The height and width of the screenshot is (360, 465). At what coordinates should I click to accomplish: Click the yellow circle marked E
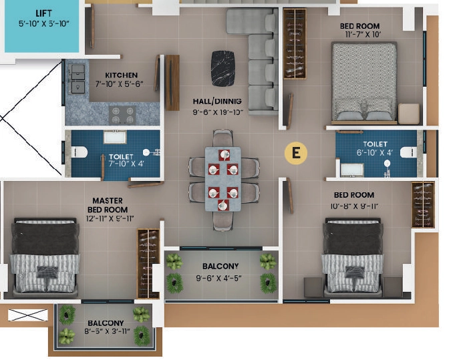pos(296,153)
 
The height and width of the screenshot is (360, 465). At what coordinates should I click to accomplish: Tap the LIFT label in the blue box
pos(44,13)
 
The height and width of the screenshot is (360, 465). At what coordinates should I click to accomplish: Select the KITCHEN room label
pos(122,75)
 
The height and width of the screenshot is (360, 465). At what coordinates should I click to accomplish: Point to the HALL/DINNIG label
pos(217,102)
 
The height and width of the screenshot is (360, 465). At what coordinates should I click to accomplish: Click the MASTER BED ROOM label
pos(108,205)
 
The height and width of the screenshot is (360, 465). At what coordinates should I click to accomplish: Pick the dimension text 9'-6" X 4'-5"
pos(218,278)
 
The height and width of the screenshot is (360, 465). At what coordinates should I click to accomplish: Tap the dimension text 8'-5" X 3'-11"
pos(107,331)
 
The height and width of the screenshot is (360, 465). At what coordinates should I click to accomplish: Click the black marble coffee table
pos(223,69)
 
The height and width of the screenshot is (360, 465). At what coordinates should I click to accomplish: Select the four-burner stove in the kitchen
pos(122,116)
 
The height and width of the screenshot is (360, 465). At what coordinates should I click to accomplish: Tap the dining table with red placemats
pos(223,179)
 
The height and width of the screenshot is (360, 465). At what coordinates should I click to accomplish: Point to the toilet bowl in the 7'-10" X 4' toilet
pos(80,152)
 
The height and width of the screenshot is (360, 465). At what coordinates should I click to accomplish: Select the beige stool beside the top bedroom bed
pos(409,114)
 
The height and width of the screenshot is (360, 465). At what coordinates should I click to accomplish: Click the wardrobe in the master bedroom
pos(148,264)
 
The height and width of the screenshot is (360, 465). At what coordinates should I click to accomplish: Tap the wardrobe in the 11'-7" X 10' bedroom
pos(295,44)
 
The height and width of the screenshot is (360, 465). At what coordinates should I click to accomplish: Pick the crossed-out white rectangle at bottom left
pos(27,315)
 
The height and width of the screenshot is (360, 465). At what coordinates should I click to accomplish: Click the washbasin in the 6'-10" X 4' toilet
pos(352,170)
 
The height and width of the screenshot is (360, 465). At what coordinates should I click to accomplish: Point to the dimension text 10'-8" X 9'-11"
pos(354,206)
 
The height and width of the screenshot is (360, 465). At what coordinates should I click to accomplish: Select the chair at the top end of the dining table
pos(223,138)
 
